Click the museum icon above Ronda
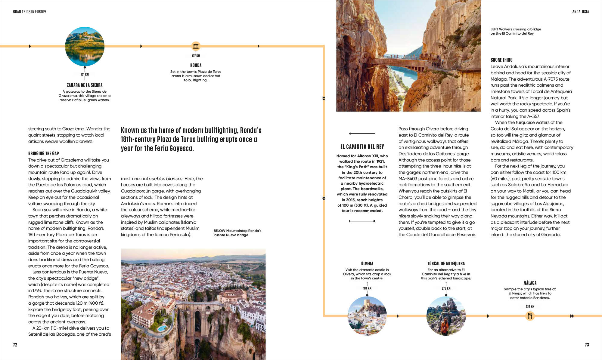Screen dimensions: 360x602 (196, 46)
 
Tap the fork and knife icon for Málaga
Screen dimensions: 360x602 (530, 316)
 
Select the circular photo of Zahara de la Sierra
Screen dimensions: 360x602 (85, 46)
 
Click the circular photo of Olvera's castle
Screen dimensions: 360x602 (367, 316)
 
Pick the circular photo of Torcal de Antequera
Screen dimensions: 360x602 (446, 316)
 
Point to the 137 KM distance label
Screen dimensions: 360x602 (196, 56)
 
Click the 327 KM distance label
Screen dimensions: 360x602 (530, 307)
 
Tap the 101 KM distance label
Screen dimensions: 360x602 (85, 74)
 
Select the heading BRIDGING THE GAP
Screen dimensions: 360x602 (44, 153)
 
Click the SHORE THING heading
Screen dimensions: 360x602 (501, 60)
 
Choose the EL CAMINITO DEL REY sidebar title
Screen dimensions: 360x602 (362, 147)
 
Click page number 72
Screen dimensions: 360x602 (15, 345)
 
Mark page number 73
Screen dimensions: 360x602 (587, 345)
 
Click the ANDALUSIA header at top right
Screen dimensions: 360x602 (580, 12)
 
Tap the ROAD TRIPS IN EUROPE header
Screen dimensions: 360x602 (29, 12)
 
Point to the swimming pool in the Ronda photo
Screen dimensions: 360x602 (162, 328)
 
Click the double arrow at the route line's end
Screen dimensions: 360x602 (572, 316)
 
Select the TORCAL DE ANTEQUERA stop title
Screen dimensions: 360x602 (446, 263)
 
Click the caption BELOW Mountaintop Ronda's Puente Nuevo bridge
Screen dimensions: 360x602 (237, 233)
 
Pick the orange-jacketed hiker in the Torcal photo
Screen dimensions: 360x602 (444, 327)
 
